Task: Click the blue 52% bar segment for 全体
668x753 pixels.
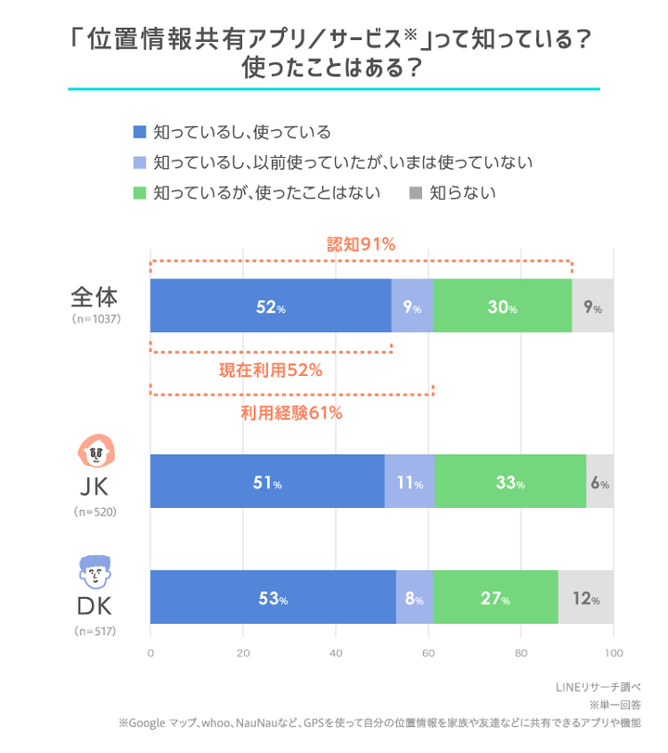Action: click(x=270, y=305)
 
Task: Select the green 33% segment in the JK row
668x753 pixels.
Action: click(x=510, y=482)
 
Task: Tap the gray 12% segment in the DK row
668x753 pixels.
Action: click(x=585, y=597)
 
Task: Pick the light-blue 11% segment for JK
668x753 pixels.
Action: click(x=409, y=482)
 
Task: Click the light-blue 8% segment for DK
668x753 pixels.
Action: click(x=414, y=597)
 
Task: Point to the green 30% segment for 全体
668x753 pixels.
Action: click(x=502, y=305)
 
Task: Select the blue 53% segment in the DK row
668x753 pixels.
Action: click(x=273, y=597)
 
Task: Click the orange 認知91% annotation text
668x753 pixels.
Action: click(x=362, y=245)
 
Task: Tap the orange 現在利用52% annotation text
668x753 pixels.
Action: click(x=270, y=370)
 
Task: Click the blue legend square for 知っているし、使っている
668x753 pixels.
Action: click(x=140, y=133)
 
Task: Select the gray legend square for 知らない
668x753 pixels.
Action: click(x=416, y=193)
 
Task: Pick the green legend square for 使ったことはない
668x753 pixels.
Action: click(x=140, y=193)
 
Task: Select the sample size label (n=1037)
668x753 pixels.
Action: click(x=96, y=318)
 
